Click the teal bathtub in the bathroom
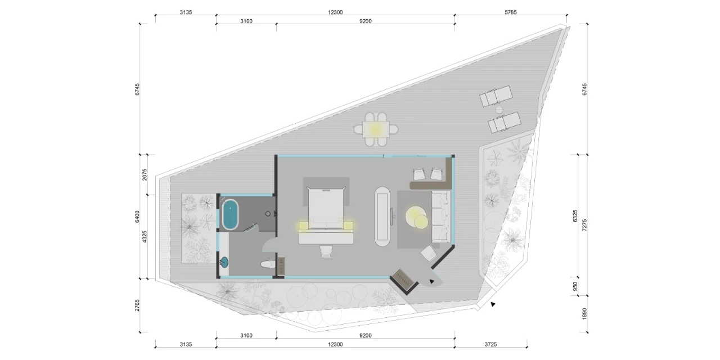[x=230, y=214]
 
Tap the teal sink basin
[x=224, y=262]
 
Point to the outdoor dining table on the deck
[x=376, y=129]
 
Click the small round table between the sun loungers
[x=499, y=110]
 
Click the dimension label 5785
[x=510, y=12]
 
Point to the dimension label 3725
[x=490, y=344]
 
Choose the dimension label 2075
[x=145, y=174]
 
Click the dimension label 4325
[x=145, y=237]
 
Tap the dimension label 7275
[x=584, y=225]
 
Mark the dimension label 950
[x=575, y=286]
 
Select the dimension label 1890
[x=584, y=314]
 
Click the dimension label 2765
[x=137, y=305]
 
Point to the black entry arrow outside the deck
[x=493, y=304]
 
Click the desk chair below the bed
[x=326, y=251]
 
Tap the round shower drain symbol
[x=268, y=214]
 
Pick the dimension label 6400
[x=137, y=217]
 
